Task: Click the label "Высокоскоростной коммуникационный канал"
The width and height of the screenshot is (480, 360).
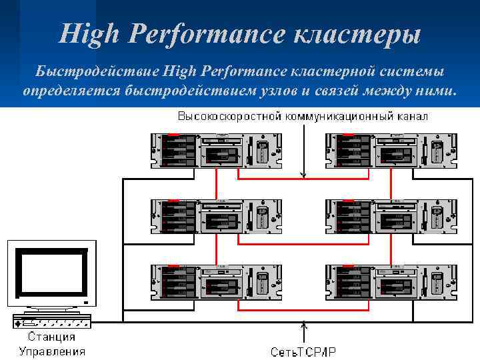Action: click(302, 116)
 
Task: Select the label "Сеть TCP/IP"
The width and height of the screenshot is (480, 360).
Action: click(303, 351)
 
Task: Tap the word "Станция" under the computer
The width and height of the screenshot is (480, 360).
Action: click(51, 337)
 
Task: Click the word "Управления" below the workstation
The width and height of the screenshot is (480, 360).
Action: click(51, 351)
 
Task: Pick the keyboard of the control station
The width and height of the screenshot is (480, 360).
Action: click(51, 322)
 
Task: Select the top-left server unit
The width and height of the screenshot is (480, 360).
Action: click(216, 150)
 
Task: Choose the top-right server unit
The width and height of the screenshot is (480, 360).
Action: click(390, 150)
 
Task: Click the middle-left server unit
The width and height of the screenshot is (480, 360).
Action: click(216, 215)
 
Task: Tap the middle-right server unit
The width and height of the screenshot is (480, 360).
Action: click(390, 215)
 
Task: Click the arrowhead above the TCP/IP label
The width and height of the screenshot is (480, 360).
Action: click(303, 326)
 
